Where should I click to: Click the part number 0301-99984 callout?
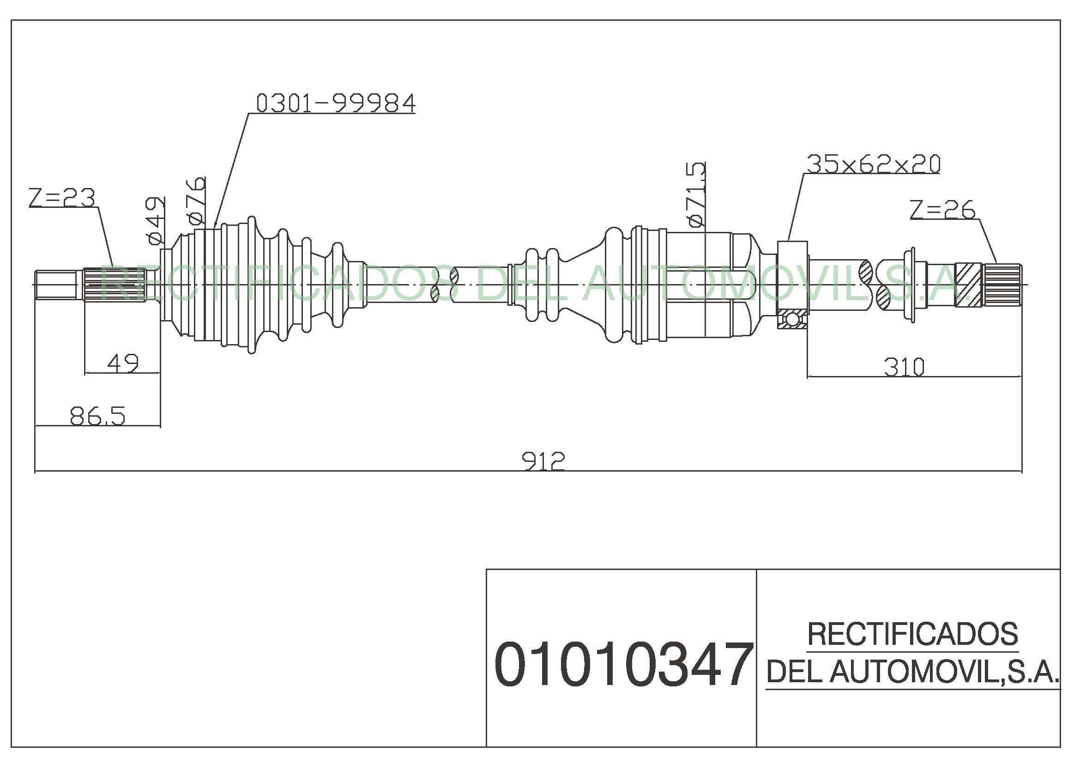[x=336, y=103]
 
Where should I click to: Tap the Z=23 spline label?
[x=61, y=198]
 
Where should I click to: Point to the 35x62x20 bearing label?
[x=874, y=164]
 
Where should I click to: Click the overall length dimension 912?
[x=544, y=461]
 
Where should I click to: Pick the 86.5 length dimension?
[x=98, y=416]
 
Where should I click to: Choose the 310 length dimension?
[x=904, y=367]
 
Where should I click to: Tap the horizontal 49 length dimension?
[x=123, y=363]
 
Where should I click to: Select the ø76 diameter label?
[x=196, y=200]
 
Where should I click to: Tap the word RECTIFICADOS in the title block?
[x=912, y=634]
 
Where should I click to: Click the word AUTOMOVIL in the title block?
[x=913, y=671]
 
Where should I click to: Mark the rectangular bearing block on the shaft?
[x=792, y=285]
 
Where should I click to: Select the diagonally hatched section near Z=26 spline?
[x=969, y=285]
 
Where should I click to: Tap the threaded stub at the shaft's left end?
[x=56, y=285]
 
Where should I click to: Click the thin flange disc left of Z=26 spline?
[x=912, y=285]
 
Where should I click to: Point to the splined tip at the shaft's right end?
[x=1002, y=285]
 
